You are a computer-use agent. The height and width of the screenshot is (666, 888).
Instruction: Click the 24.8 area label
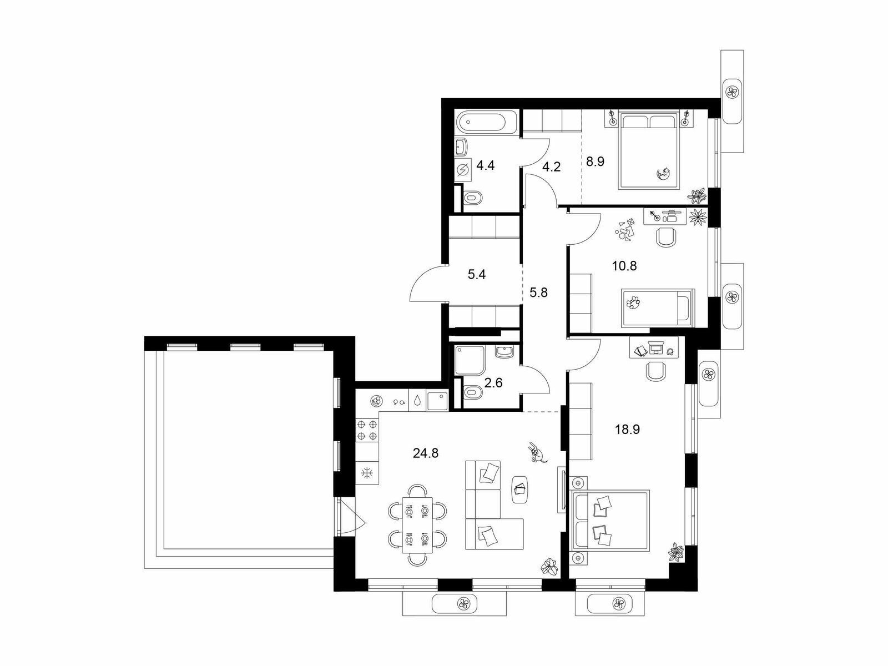tap(426, 453)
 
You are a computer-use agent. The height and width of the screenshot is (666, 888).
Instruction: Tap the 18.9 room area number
tap(627, 429)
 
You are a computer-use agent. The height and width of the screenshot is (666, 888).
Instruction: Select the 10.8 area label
tap(624, 266)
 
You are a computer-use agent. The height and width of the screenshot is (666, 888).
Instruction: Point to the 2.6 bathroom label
tap(493, 382)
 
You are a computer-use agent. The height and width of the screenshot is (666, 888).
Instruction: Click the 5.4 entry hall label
tap(477, 275)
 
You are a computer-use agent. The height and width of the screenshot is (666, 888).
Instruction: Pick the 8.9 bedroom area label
tap(595, 162)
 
